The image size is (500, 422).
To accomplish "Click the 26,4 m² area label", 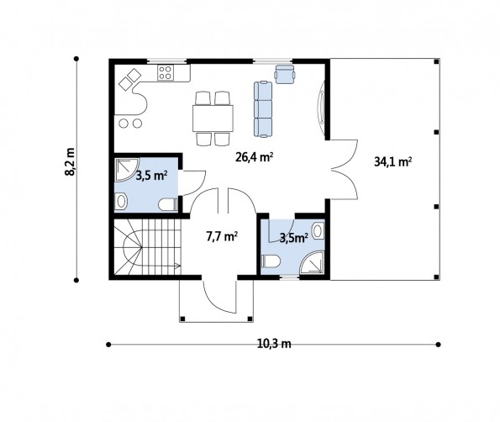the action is pos(254,157).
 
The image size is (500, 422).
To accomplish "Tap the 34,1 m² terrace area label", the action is pos(392,162).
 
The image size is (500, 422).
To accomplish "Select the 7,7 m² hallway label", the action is pos(222,237).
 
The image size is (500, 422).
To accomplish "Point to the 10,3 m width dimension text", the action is pos(274,344).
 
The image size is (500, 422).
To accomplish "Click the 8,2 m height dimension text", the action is pos(70,161).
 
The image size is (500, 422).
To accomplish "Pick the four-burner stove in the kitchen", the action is pos(166,72).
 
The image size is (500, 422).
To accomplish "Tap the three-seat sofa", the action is pos(263,109).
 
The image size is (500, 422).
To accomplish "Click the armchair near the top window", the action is pos(284,74).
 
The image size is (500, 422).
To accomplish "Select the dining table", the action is pos(213,119).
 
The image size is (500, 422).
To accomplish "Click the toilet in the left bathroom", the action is pos(168,204).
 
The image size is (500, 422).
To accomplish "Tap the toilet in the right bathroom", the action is pos(271,261).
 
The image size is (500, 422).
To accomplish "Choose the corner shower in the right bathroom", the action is pos(313,263).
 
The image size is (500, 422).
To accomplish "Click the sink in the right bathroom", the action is pos(318,230).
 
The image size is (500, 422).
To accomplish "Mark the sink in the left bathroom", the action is pos(121,201).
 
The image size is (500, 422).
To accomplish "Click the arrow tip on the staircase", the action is pos(180,265).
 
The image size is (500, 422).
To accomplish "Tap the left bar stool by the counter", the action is pos(124,123).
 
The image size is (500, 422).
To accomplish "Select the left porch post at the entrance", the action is pos(182,319).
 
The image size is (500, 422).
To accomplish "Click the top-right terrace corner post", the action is pos(436,61).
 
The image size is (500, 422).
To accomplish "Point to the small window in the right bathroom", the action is pos(290,278).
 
